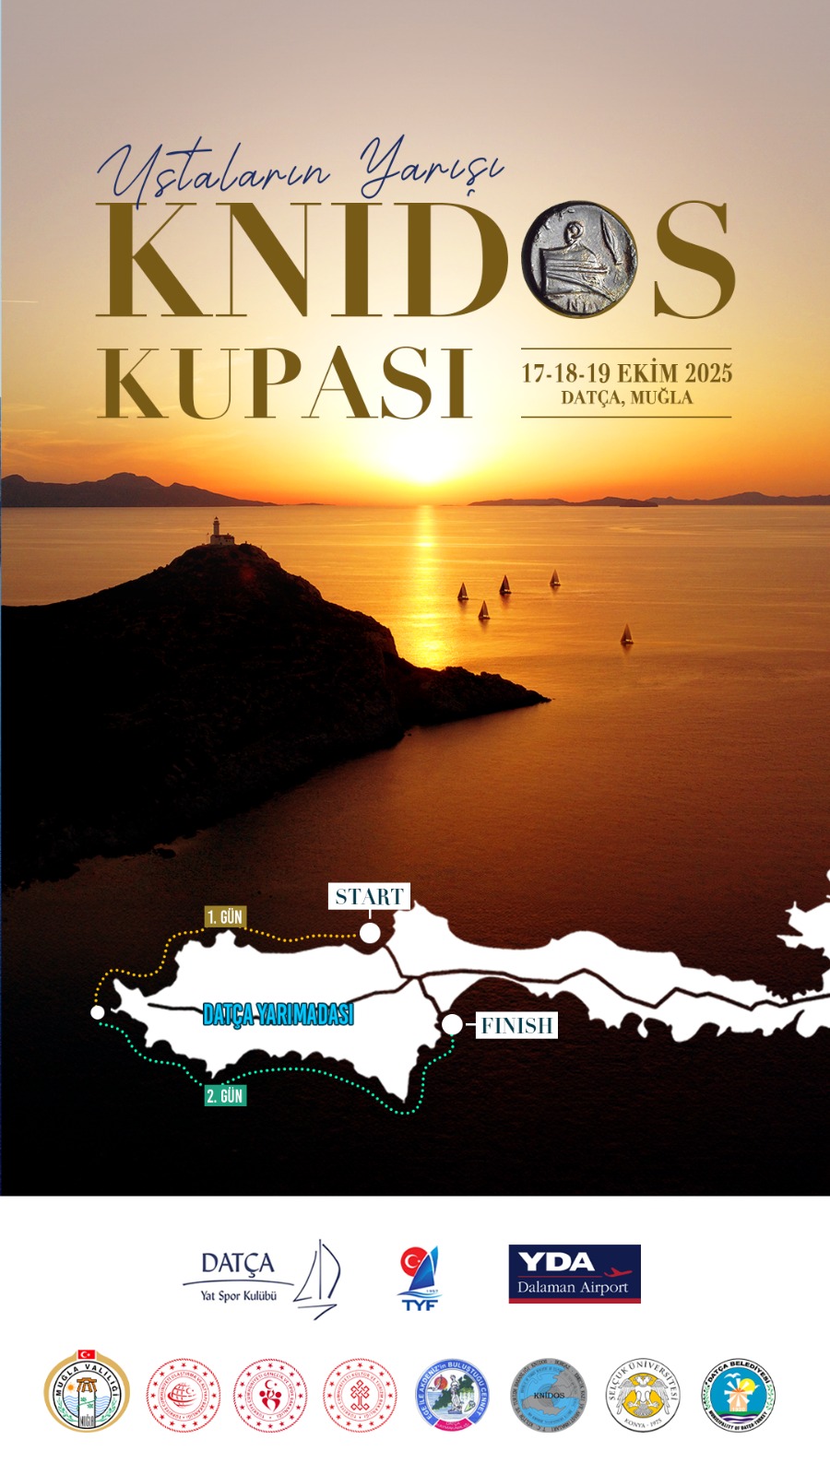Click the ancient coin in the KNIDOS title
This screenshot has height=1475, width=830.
point(579,259)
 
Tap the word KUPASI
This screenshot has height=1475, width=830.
point(286,383)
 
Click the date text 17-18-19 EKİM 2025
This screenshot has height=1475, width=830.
point(626,372)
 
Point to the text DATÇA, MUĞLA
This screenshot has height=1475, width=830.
point(626,398)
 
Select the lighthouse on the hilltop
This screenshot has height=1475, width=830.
point(218,531)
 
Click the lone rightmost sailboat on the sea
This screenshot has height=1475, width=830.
point(627,634)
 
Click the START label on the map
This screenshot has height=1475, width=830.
point(369,896)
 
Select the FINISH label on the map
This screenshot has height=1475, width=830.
point(516,1025)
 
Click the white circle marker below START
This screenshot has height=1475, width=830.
point(370,933)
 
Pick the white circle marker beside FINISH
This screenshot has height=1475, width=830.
point(452,1024)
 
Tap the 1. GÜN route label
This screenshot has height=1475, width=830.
point(224,916)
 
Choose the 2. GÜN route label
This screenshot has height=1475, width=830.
point(225,1095)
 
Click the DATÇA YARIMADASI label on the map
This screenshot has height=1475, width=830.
point(278,1014)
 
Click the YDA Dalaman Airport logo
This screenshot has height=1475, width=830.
point(574,1273)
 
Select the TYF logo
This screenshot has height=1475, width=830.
point(420,1276)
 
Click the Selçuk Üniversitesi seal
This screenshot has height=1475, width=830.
point(643,1395)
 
